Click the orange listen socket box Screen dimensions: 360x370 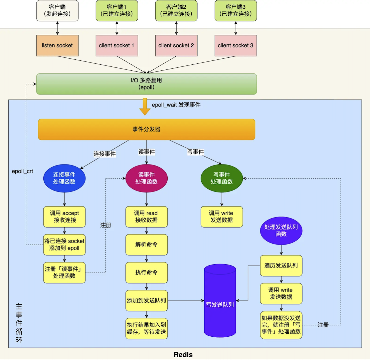click(x=57, y=45)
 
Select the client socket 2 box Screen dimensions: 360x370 click(x=176, y=45)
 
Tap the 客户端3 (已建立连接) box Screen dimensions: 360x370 click(x=235, y=11)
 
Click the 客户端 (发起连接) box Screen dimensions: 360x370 click(x=57, y=11)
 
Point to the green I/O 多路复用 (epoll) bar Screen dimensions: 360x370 click(x=146, y=84)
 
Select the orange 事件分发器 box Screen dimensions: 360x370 click(x=146, y=129)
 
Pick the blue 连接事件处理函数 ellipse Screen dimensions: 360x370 click(x=64, y=178)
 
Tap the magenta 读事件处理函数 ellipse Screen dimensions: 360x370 click(x=146, y=178)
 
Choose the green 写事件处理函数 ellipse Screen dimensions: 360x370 click(x=221, y=178)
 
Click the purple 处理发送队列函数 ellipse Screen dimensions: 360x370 click(x=281, y=231)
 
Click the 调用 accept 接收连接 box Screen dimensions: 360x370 click(x=64, y=217)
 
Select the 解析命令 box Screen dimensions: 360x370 click(x=146, y=245)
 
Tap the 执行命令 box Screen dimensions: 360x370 click(x=146, y=272)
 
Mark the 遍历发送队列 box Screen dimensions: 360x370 click(x=281, y=266)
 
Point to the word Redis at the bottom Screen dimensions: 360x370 click(x=183, y=355)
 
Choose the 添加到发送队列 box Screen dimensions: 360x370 click(x=146, y=300)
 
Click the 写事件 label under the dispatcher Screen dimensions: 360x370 click(x=195, y=152)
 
